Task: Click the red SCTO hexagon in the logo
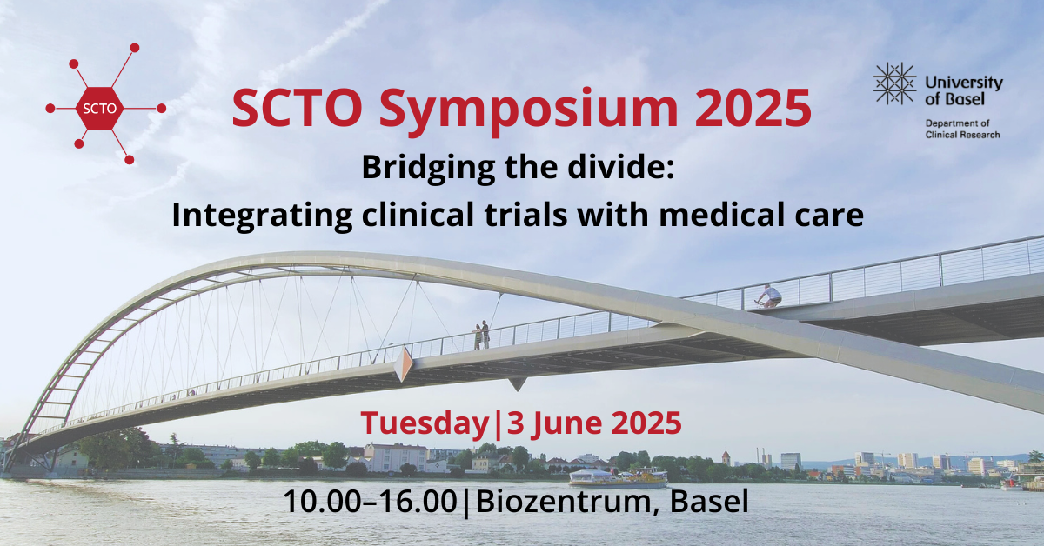99,108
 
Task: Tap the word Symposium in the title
528,110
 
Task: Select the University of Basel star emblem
894,83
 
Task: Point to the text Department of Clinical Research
962,129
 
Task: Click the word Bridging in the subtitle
428,169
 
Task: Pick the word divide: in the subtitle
624,167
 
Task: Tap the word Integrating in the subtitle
262,216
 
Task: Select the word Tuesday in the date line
425,424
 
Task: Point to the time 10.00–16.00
371,502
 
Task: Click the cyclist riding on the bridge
769,296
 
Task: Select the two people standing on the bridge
481,335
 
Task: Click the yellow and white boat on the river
618,478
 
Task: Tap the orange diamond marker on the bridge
403,364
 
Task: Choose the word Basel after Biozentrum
709,502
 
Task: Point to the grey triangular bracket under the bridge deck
517,383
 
